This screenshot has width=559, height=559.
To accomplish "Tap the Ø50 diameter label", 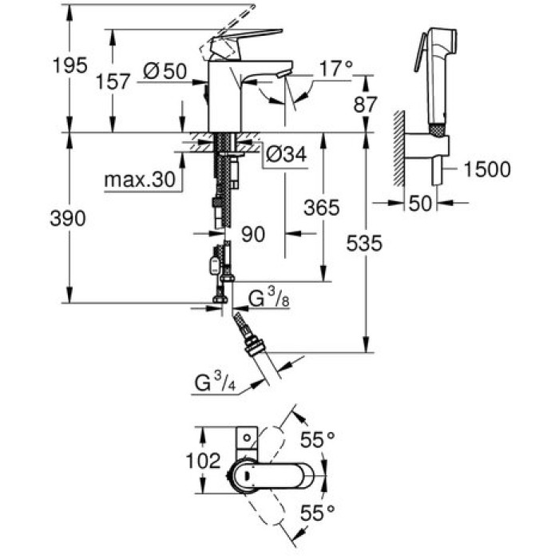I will tap(165, 72).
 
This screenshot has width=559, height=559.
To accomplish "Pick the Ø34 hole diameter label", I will tap(284, 154).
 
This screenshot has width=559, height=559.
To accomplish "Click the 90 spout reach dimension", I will tap(252, 234).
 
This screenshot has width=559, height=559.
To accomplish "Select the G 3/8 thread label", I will tap(268, 300).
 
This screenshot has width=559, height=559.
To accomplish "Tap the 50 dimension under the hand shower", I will tap(418, 204).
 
